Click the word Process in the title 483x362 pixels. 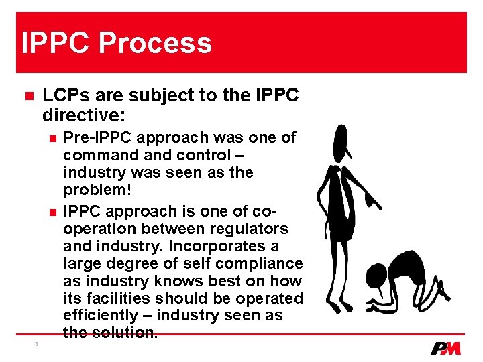[x=155, y=43]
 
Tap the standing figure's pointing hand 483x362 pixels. [x=377, y=205]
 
